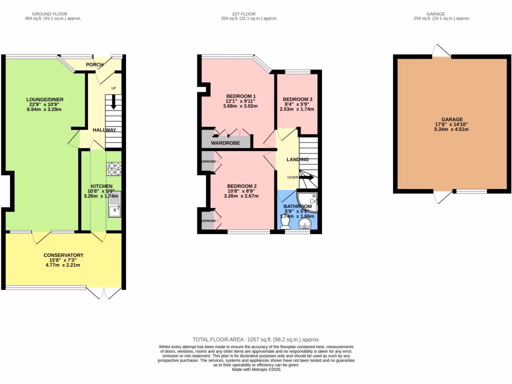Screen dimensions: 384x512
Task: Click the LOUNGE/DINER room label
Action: (45, 99)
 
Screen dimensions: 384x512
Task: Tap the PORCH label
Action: (95, 64)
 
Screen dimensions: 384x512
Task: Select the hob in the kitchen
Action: (114, 169)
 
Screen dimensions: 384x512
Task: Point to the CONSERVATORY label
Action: (63, 255)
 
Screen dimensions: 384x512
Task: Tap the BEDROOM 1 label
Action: (241, 96)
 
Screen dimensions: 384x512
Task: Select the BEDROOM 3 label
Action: (297, 99)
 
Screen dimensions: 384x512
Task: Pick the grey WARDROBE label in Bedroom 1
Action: (225, 143)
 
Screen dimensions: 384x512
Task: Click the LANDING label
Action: (297, 159)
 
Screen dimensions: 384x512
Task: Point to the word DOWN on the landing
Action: (292, 177)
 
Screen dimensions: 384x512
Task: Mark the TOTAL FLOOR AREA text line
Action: (256, 339)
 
